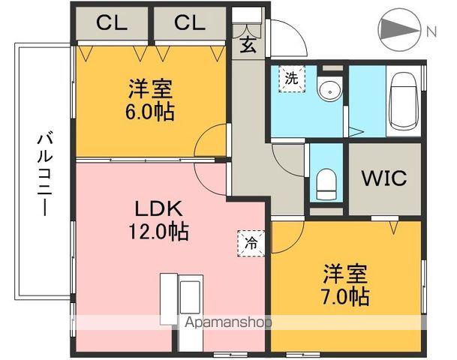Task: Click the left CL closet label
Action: point(111,22)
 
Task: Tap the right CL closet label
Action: point(189,22)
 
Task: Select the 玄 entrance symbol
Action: point(246,43)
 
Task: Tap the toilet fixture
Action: point(326,181)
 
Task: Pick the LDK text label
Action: point(156,207)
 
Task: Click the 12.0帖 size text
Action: point(157,230)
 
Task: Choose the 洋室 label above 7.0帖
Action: point(346,271)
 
